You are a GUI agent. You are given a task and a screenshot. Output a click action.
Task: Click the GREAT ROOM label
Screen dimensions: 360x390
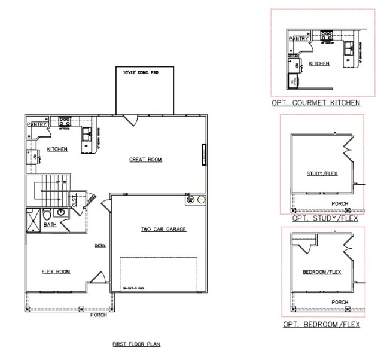click(146, 160)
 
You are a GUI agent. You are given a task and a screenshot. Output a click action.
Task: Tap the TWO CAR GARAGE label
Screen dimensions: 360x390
click(164, 229)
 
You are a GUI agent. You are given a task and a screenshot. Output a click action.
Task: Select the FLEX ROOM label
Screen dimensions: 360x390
click(56, 271)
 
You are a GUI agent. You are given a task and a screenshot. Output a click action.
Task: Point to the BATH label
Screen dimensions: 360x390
click(50, 225)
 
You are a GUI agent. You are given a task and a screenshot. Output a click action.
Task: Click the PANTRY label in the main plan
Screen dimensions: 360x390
click(36, 124)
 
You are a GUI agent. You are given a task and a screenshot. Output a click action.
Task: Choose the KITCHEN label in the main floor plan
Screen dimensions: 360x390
click(57, 149)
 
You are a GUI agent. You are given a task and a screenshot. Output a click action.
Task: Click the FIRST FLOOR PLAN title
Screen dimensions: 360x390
click(136, 345)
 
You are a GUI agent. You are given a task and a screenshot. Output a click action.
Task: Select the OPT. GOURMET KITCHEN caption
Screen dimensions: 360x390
click(315, 103)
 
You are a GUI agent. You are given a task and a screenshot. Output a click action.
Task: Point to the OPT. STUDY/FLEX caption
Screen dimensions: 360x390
click(325, 219)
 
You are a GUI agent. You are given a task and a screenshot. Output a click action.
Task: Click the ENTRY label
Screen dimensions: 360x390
click(99, 245)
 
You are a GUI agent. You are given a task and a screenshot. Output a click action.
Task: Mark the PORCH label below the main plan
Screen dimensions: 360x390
click(99, 315)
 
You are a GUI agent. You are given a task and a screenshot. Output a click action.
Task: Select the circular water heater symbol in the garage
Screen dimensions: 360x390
click(202, 200)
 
